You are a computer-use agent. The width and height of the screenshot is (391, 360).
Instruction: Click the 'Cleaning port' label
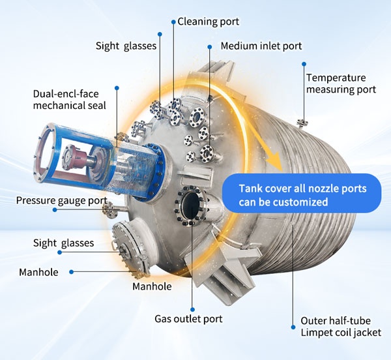209,22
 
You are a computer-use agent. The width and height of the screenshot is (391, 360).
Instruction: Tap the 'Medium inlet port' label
261,46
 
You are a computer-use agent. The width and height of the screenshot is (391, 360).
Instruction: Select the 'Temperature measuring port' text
341,83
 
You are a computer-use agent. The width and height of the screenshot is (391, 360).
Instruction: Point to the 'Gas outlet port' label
188,319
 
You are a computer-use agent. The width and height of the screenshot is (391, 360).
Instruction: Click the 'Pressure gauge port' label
62,201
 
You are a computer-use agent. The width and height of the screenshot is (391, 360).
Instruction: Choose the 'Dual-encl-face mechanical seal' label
70,100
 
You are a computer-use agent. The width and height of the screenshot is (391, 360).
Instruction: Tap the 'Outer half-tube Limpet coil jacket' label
341,327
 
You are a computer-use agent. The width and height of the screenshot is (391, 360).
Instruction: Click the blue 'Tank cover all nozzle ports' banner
302,193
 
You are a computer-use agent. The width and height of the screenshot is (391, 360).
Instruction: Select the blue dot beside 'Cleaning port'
173,22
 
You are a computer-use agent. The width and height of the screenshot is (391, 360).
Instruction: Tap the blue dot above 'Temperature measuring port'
304,64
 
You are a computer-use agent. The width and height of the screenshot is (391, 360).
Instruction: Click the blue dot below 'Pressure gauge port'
55,210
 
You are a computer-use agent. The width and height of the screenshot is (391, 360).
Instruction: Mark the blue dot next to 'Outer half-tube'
293,327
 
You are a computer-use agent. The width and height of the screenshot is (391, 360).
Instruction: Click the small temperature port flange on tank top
302,123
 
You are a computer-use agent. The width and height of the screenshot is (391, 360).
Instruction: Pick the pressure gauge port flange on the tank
109,210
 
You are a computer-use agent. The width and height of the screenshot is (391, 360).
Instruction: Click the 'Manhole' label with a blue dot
38,272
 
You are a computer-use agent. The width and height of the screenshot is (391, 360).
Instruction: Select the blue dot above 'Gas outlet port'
192,310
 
